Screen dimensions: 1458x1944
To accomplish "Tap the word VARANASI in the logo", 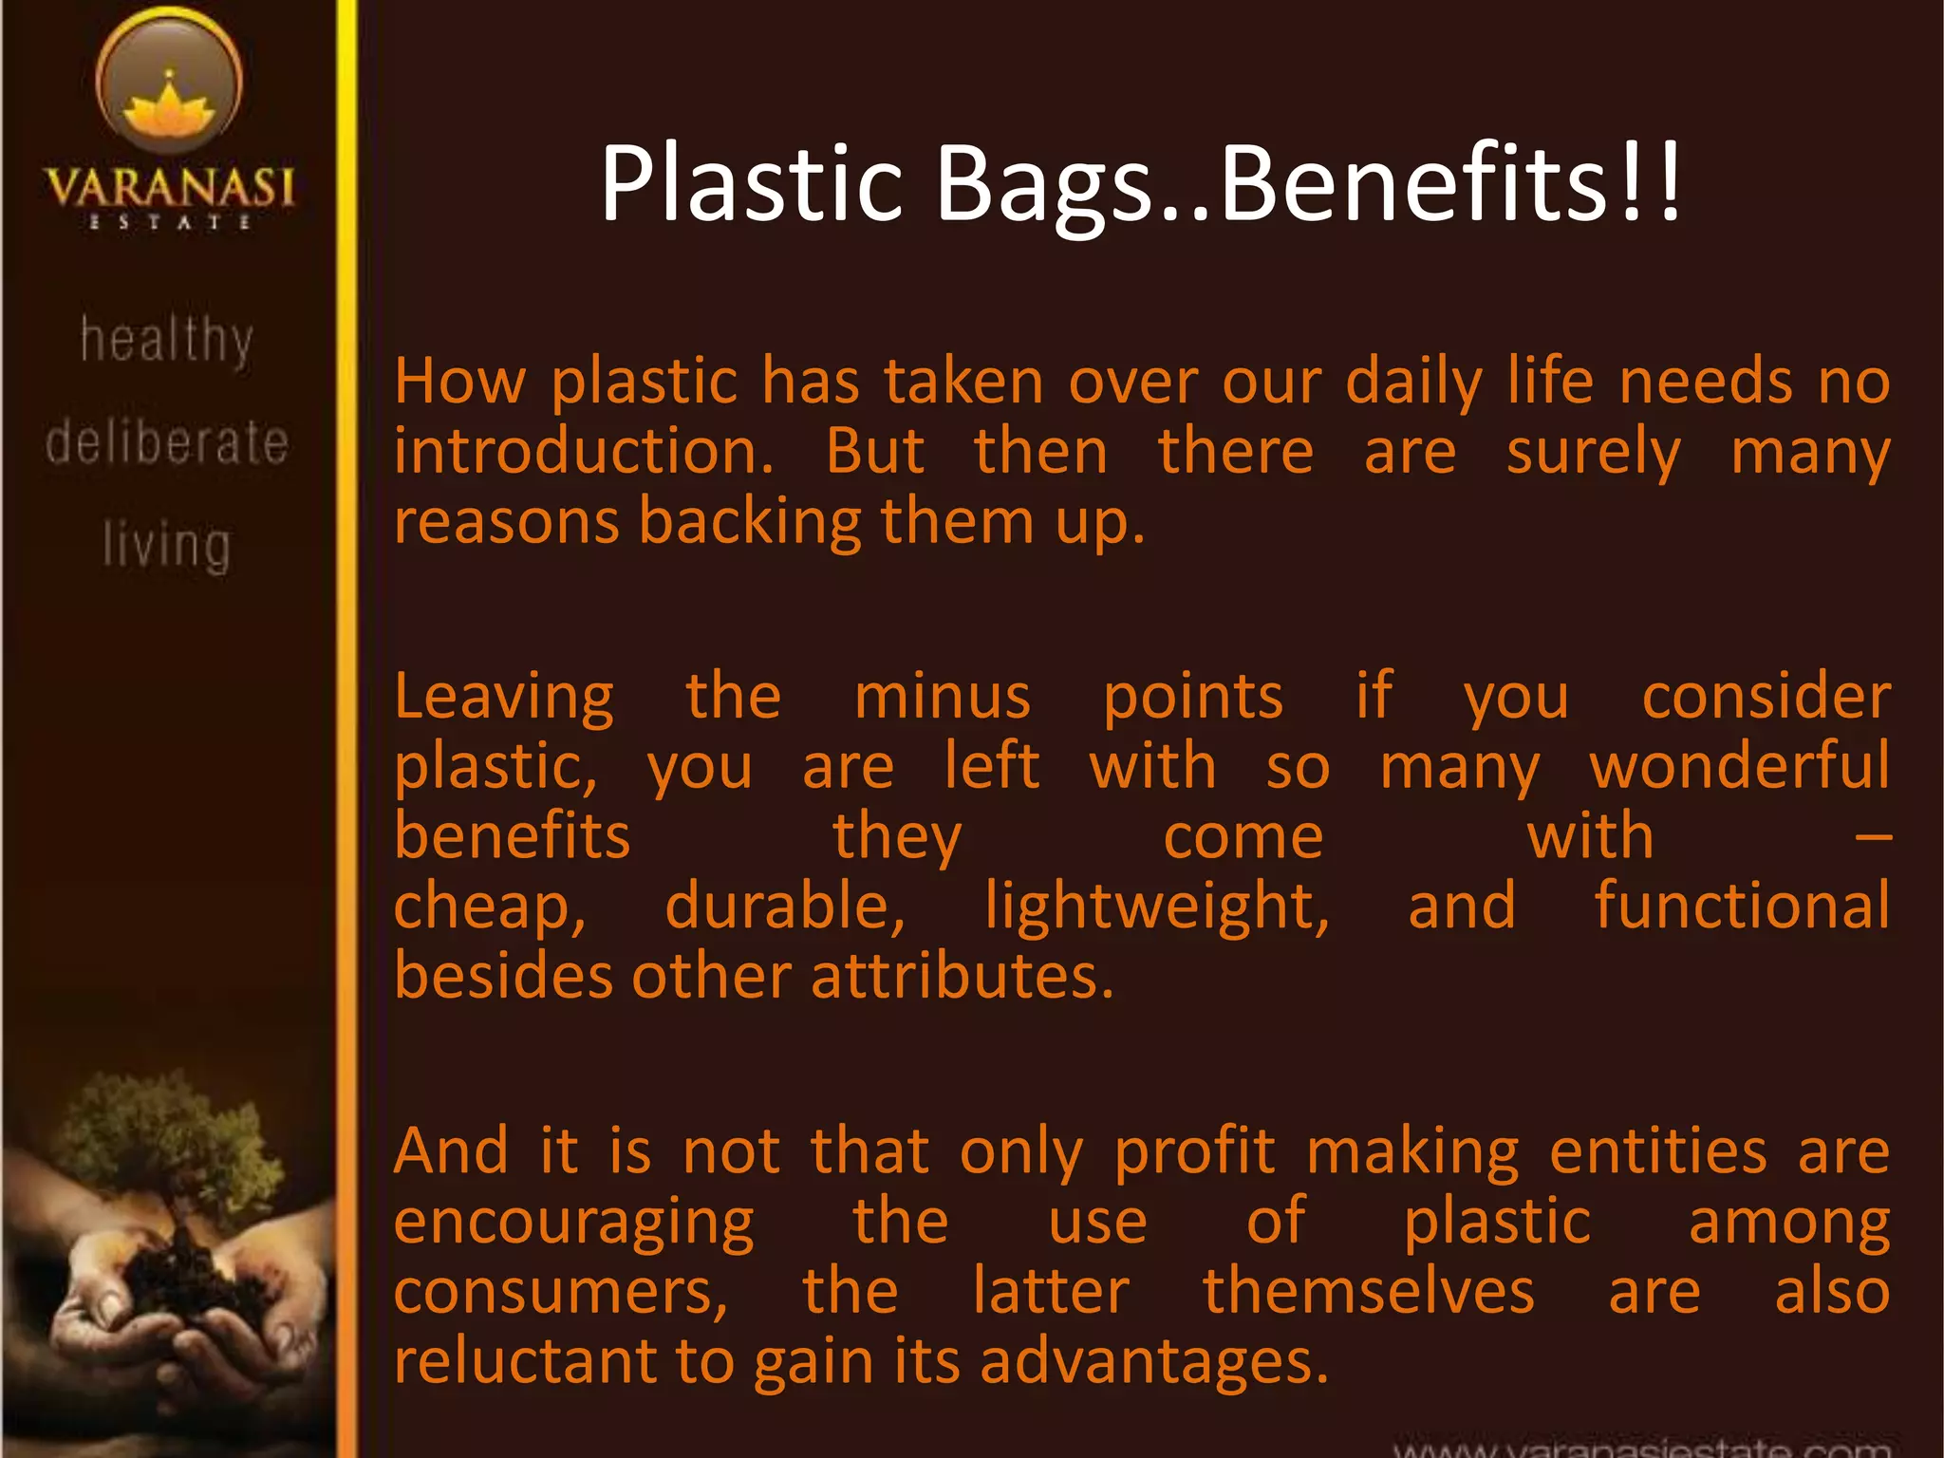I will pyautogui.click(x=169, y=187).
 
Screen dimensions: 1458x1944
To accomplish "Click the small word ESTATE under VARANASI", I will pyautogui.click(x=169, y=223).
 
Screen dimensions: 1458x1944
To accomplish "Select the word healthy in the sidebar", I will pyautogui.click(x=167, y=340).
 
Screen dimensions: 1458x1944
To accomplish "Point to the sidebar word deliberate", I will pyautogui.click(x=167, y=442).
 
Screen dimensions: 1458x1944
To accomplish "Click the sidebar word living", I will pyautogui.click(x=167, y=546).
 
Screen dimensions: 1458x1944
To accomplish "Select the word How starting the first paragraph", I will pyautogui.click(x=459, y=382).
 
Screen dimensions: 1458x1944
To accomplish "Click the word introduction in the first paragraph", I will pyautogui.click(x=583, y=452).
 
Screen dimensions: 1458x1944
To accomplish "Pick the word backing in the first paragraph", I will pyautogui.click(x=749, y=523).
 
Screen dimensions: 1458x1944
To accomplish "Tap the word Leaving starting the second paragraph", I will pyautogui.click(x=504, y=699).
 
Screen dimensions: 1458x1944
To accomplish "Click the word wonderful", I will pyautogui.click(x=1739, y=767).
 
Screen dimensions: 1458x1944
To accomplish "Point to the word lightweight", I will pyautogui.click(x=1155, y=907).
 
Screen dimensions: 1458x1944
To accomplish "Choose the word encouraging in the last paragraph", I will pyautogui.click(x=573, y=1224).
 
